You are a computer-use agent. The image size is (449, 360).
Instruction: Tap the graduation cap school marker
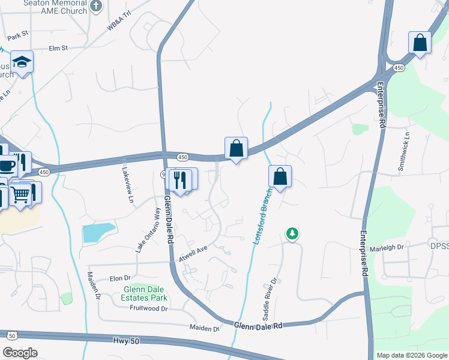click(x=22, y=62)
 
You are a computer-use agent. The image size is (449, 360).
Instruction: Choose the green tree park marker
click(x=292, y=233)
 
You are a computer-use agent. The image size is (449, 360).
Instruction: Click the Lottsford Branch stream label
click(x=260, y=215)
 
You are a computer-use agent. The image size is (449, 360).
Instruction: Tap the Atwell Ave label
click(x=193, y=253)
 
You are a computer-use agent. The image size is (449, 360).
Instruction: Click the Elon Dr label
click(x=120, y=278)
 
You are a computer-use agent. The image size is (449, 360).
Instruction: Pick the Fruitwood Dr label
click(x=148, y=308)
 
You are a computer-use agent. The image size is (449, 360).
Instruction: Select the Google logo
click(x=20, y=353)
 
